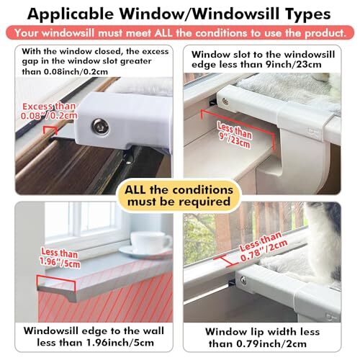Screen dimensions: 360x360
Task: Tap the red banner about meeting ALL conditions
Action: pyautogui.click(x=180, y=34)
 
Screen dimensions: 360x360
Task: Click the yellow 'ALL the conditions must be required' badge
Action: pyautogui.click(x=180, y=196)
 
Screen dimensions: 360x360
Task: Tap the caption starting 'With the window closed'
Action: pyautogui.click(x=90, y=60)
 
